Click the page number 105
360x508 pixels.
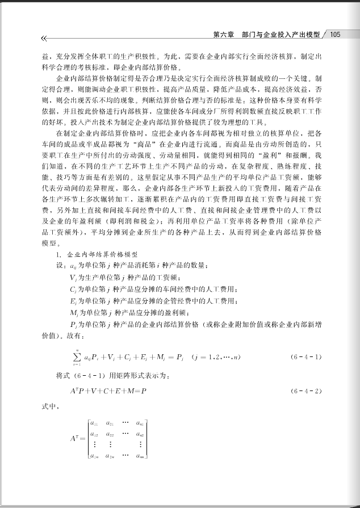tap(334, 35)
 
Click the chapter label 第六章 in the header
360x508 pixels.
tap(224, 35)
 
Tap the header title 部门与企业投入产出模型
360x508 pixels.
tap(281, 35)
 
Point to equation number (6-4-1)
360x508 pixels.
tap(307, 357)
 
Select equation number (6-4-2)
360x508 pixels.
tap(307, 391)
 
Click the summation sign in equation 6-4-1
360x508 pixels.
tap(76, 356)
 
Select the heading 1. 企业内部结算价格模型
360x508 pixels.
tap(97, 255)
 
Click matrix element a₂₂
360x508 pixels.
tap(111, 434)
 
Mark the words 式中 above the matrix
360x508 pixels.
tap(49, 407)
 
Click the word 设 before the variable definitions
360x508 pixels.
tap(59, 266)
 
